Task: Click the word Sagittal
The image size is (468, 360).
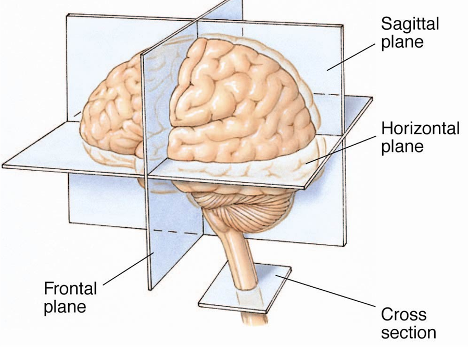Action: point(410,24)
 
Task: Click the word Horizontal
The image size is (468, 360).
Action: point(421,128)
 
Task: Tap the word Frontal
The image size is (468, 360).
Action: point(70,288)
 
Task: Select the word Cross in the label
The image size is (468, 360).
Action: point(403,315)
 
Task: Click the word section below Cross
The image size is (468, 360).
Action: point(408,332)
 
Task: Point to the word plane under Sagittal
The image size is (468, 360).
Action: point(402,42)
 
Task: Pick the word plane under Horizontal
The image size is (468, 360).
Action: point(402,146)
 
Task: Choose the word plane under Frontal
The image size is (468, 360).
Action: point(65,306)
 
